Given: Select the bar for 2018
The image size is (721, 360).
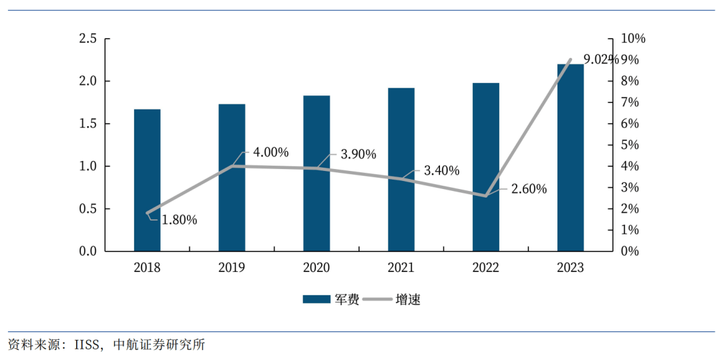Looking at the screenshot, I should point(147,180).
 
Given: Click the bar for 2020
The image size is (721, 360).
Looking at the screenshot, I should point(316,173).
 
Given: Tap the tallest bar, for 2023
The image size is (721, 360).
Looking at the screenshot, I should point(570,158).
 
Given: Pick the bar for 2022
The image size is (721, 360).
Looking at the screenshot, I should point(485,167).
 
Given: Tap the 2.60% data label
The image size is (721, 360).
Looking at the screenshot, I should point(529,189).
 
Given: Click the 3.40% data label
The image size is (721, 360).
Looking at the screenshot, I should point(441,170).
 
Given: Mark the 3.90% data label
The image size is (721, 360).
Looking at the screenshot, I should point(358,154).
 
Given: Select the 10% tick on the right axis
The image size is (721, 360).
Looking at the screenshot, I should point(632,39).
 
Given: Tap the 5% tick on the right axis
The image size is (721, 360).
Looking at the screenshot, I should point(630,145).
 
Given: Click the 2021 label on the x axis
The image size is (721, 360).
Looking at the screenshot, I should point(401,268).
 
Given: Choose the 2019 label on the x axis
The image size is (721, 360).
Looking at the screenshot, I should point(232,268).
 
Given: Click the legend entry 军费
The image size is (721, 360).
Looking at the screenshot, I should point(331,299).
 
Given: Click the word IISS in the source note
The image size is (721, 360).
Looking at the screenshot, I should point(84,345).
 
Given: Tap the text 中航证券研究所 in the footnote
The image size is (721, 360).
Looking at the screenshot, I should point(159,345).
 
